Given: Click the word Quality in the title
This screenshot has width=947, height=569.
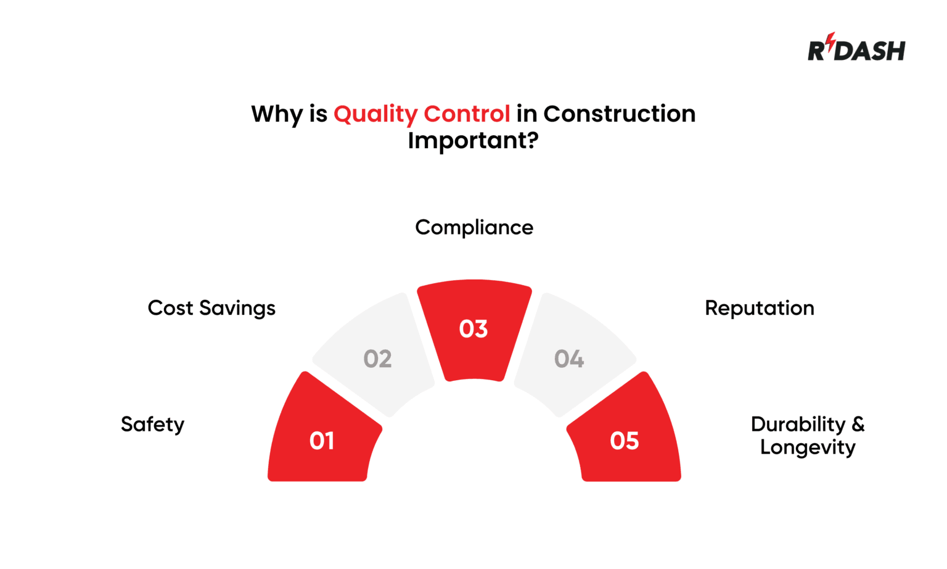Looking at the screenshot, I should [x=375, y=114].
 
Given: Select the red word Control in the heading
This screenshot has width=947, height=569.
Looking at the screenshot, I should [x=467, y=114].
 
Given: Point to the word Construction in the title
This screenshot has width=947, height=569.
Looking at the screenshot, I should [x=619, y=114].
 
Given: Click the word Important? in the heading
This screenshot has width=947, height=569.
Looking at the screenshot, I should [x=473, y=141].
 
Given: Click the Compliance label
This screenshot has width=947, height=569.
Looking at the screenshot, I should [x=473, y=228].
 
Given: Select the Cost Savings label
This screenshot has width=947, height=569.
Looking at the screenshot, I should [x=211, y=308].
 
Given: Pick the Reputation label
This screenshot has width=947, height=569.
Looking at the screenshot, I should [x=759, y=308].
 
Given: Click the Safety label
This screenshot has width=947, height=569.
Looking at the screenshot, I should [x=152, y=425].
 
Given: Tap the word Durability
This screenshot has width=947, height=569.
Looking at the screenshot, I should [x=798, y=425].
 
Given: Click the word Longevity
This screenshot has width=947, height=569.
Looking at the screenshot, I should [x=807, y=447].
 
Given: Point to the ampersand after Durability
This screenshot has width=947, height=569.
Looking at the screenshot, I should [x=858, y=424].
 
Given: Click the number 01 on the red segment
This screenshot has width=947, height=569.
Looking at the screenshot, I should [x=322, y=441].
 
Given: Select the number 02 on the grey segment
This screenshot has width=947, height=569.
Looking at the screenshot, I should [x=377, y=359].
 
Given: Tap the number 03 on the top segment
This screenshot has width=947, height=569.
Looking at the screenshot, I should [x=473, y=329].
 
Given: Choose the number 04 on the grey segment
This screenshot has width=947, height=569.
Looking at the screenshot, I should [x=568, y=359].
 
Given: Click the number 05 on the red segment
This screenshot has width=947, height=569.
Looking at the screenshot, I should [x=624, y=441].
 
